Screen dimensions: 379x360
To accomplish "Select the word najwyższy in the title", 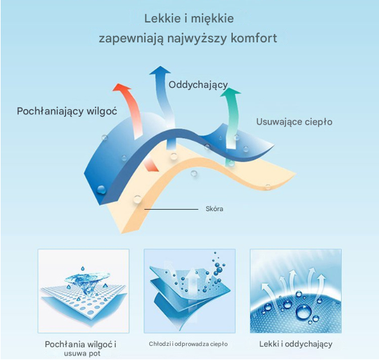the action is [197, 39].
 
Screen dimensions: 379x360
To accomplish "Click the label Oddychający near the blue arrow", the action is [198, 85].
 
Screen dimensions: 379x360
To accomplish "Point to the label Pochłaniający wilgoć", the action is [67, 111].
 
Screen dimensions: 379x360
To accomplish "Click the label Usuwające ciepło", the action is [294, 122].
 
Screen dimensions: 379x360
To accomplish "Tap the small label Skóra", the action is [214, 209].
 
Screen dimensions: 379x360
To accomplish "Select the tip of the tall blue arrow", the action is [160, 66].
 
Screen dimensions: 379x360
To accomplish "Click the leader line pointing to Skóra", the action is [171, 209].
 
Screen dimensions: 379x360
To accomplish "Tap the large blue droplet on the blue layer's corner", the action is [101, 190].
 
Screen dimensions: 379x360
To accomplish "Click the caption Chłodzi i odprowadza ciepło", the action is [189, 344].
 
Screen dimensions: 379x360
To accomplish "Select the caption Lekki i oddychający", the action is [296, 344].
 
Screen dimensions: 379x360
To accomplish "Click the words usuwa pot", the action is [82, 354].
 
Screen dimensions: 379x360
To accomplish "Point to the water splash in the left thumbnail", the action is [87, 282].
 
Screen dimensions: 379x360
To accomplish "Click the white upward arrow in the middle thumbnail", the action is [192, 280].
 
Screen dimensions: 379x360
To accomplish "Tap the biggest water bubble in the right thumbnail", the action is [304, 312].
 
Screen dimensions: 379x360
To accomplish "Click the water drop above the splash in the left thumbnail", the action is [83, 268].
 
